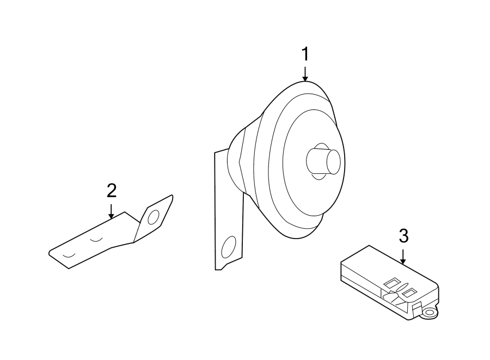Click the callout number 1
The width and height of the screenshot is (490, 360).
point(305,54)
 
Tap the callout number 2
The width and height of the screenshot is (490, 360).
point(111,191)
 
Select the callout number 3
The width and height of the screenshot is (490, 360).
point(403,236)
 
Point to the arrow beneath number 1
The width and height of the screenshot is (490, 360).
point(305,74)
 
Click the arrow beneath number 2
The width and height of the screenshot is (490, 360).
point(111,211)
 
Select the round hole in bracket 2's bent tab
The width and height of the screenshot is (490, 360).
point(153,218)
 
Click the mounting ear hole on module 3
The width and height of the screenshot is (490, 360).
point(430,313)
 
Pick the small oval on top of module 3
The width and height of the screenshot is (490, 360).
point(400,288)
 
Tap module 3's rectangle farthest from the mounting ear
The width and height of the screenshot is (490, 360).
point(390,283)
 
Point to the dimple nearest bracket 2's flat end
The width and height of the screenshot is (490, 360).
point(69,255)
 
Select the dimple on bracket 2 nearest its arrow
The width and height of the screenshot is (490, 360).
point(97,240)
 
